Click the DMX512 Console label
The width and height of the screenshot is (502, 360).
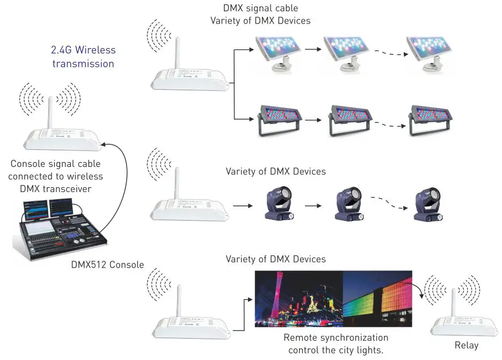(x=107, y=265)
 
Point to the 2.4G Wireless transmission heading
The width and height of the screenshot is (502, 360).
(x=83, y=56)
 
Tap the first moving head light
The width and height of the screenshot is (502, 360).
(x=278, y=204)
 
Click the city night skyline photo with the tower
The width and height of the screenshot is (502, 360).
(x=298, y=299)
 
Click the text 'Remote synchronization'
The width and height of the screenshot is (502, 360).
(x=336, y=338)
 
